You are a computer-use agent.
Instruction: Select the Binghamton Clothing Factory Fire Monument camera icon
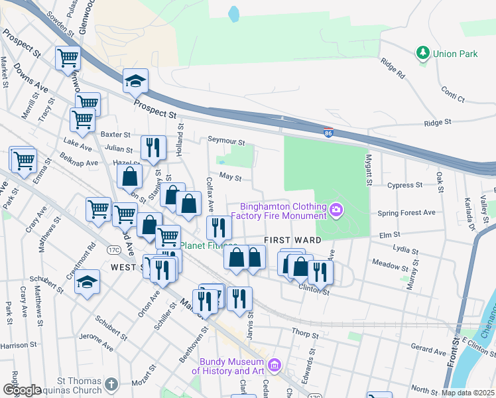tap(336, 210)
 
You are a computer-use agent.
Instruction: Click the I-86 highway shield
tap(328, 133)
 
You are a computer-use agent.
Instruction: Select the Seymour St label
tap(226, 141)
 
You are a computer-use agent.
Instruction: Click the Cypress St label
tap(405, 186)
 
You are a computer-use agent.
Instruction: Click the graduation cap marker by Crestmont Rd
tap(87, 283)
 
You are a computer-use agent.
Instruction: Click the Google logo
tap(22, 390)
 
